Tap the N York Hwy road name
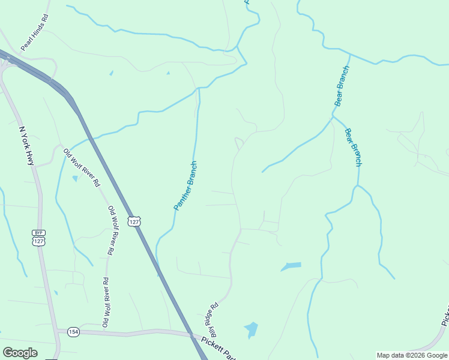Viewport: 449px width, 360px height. coord(27,145)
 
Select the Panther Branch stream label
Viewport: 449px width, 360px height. coord(185,185)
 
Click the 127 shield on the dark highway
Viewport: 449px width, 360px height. coord(134,221)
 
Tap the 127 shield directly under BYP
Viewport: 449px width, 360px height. coord(39,241)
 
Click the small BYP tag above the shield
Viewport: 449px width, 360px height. coord(39,233)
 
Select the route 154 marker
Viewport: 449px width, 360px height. coord(73,331)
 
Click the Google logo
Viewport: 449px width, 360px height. coord(20,353)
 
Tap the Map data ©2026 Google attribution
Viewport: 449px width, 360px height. coord(412,355)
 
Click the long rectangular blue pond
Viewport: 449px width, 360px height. coord(291,266)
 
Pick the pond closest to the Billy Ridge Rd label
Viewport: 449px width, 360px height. coord(252,329)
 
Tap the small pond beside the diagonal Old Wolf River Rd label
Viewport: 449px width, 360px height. coord(75,178)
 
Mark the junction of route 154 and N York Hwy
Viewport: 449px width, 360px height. coord(57,331)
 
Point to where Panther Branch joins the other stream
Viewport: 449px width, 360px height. coord(197,88)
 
